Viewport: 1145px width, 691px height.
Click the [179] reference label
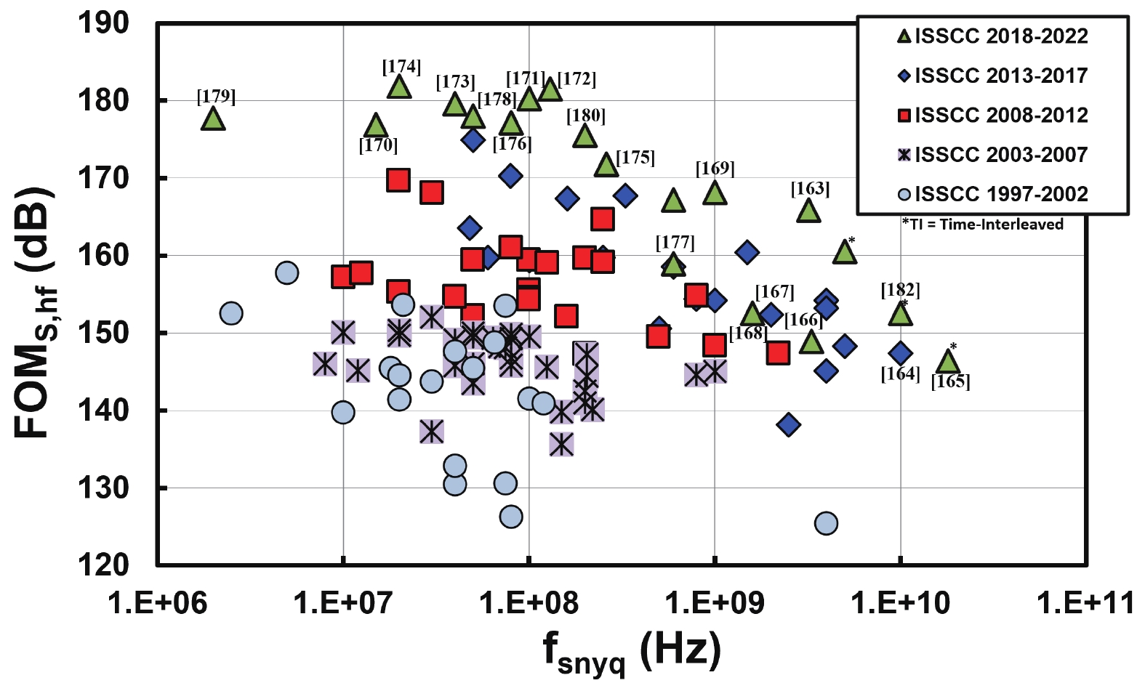point(216,97)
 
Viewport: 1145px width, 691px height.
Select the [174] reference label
point(401,67)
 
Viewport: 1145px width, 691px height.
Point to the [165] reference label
point(950,381)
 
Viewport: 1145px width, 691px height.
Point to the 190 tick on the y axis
point(104,23)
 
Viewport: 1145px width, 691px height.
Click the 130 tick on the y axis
point(104,488)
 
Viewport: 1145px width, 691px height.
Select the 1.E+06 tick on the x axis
point(157,602)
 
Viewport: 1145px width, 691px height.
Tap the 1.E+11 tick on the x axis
point(1085,602)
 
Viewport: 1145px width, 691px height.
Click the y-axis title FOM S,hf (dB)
point(35,313)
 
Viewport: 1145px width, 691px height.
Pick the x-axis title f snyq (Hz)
point(631,650)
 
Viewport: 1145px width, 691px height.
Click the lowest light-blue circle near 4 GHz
point(826,523)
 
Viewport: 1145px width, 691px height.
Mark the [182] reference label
point(900,290)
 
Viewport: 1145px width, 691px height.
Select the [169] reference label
point(715,169)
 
